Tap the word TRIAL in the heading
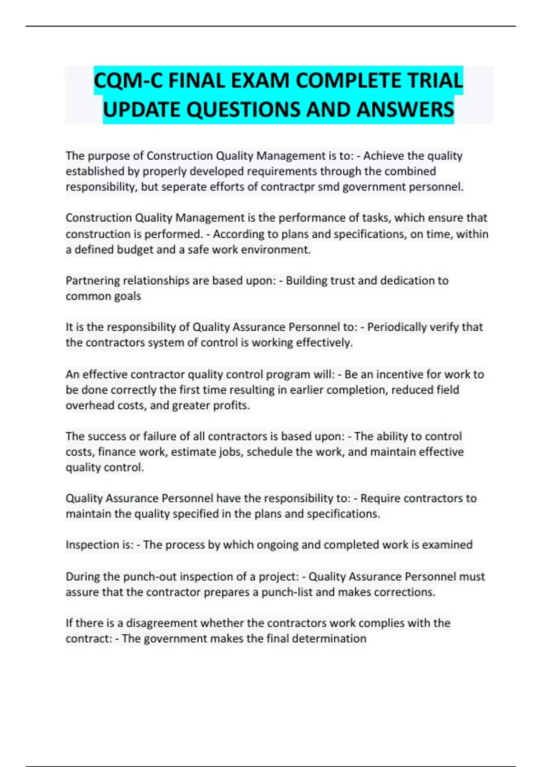[x=435, y=81]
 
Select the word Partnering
[x=93, y=281]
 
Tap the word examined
[x=447, y=545]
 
